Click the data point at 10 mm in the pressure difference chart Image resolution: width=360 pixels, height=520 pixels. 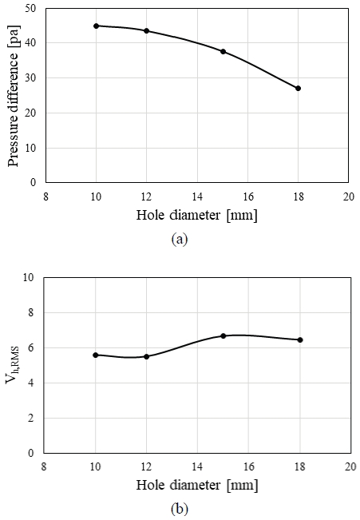(96, 26)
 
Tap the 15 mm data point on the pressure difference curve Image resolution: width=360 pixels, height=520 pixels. (223, 51)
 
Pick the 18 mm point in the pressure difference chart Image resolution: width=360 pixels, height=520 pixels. (298, 88)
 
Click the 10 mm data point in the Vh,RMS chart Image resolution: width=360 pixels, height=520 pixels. (96, 355)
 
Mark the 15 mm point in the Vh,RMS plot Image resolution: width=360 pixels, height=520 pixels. (223, 335)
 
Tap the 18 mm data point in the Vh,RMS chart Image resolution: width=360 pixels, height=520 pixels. (299, 339)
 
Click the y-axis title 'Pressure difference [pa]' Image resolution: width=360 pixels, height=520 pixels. (13, 94)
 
